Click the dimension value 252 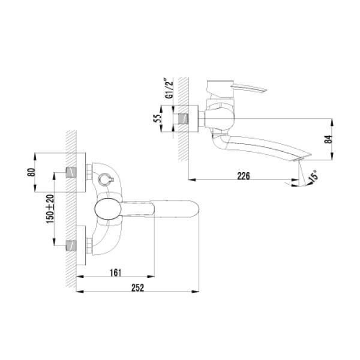click(139, 288)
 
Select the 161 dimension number click(116, 272)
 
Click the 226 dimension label click(242, 176)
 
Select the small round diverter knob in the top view click(103, 179)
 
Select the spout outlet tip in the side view click(300, 158)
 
